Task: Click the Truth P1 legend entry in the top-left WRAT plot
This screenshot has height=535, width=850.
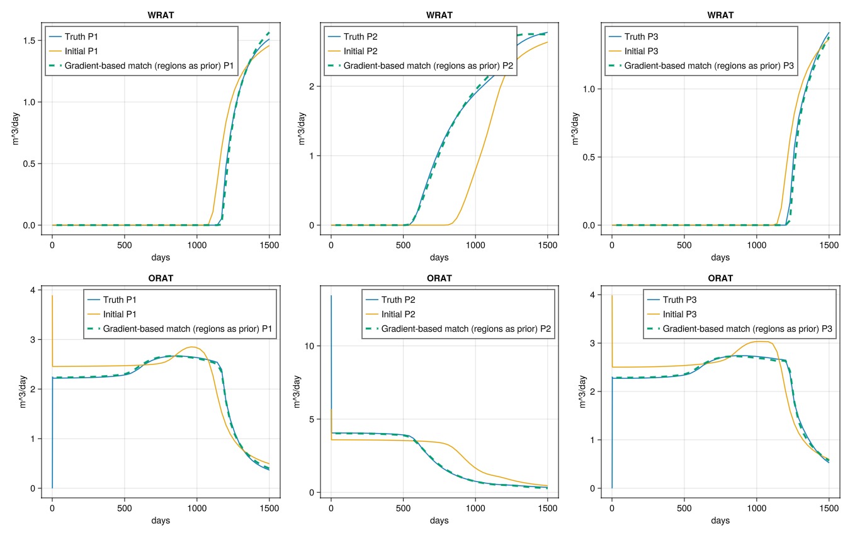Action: click(x=74, y=37)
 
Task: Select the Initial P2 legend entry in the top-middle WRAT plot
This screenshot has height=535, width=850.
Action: click(x=353, y=51)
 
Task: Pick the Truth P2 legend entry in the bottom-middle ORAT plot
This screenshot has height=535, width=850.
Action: click(x=390, y=300)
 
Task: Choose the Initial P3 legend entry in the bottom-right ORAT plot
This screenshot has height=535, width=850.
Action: click(x=672, y=314)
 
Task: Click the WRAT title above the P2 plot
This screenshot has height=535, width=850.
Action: click(x=439, y=15)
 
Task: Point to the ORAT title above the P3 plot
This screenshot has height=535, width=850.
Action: click(x=720, y=278)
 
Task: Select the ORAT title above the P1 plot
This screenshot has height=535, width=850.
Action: click(x=161, y=278)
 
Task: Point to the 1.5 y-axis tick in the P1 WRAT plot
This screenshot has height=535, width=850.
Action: click(x=29, y=41)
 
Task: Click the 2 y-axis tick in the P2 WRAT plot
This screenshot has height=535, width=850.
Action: click(x=312, y=86)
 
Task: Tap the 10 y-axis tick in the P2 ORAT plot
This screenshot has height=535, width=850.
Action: click(x=310, y=346)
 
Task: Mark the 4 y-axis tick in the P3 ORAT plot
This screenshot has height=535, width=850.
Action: click(x=592, y=295)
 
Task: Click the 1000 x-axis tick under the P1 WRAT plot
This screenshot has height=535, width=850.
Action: click(x=197, y=245)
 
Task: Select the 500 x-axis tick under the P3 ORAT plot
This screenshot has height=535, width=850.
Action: click(x=684, y=509)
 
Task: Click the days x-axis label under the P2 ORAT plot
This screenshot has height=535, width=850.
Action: click(x=439, y=521)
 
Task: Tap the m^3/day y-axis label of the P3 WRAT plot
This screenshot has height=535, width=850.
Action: click(x=575, y=128)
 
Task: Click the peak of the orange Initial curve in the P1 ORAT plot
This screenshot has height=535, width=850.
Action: click(x=193, y=347)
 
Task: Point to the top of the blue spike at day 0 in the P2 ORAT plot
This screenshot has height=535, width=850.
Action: click(x=331, y=296)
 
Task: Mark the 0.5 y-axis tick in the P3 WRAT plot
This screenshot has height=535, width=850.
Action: click(x=590, y=157)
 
